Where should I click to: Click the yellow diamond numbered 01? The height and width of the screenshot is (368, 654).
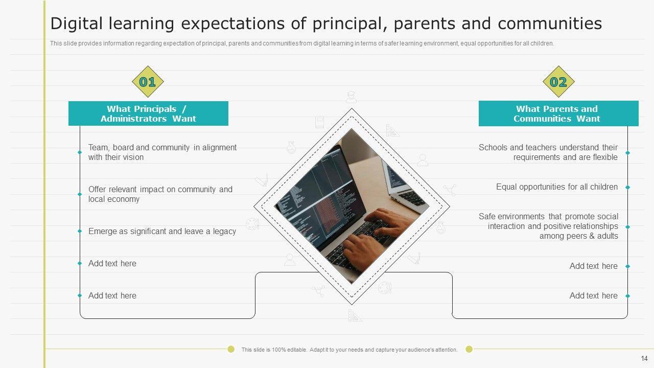tap(148, 81)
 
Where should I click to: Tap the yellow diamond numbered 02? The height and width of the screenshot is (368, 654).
tap(558, 81)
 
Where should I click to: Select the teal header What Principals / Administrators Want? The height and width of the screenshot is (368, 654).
tap(148, 113)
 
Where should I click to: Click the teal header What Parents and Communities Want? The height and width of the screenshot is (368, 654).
tap(558, 113)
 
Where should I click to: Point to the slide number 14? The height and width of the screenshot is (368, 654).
tap(644, 358)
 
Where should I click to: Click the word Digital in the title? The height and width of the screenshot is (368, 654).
tap(77, 24)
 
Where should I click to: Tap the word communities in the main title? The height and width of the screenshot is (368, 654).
tap(550, 24)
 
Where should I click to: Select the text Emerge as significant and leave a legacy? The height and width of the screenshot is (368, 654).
tap(162, 232)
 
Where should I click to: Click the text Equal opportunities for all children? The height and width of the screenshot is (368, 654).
tap(557, 187)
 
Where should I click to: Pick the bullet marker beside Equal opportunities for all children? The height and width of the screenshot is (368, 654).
tap(628, 187)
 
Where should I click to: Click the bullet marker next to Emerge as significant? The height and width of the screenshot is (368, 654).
tap(80, 232)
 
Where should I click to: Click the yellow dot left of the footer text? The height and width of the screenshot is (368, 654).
tap(231, 349)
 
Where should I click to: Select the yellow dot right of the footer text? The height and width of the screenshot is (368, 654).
tap(469, 349)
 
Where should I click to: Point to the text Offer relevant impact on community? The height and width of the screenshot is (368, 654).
tap(160, 190)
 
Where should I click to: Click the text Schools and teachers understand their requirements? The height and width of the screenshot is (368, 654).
tap(548, 152)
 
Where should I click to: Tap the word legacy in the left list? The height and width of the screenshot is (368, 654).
tap(224, 232)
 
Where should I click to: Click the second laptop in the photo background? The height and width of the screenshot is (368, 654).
tap(404, 187)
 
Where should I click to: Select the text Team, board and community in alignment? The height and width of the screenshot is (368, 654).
tap(162, 148)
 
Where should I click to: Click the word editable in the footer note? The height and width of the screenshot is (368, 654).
tap(297, 350)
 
